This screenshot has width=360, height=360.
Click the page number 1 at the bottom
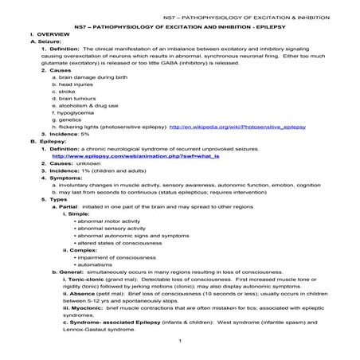point(182,342)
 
